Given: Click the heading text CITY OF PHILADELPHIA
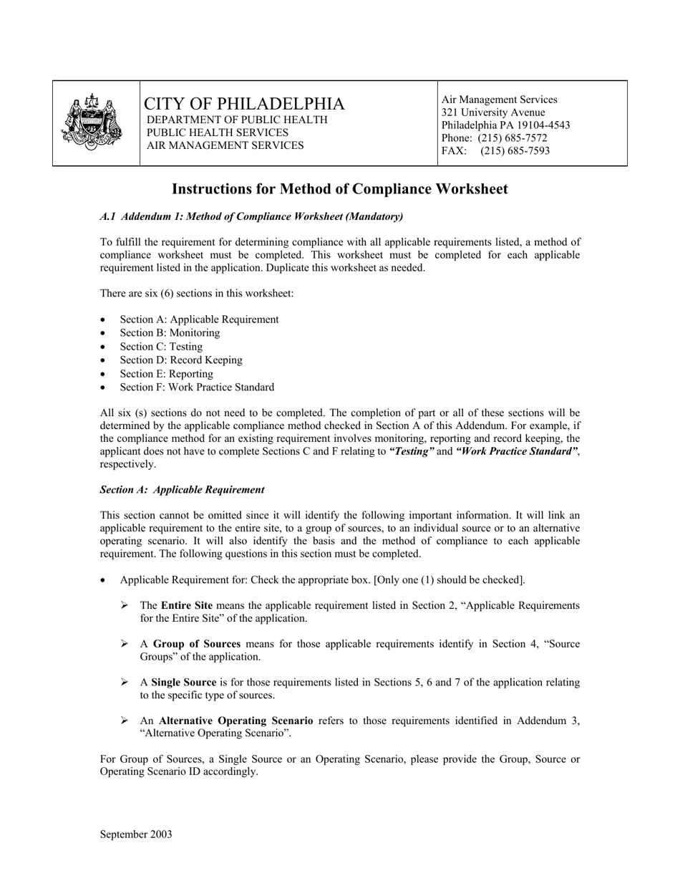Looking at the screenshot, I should [x=244, y=104].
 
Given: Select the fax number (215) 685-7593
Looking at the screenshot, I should [x=515, y=150].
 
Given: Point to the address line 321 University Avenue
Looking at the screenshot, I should [x=492, y=112].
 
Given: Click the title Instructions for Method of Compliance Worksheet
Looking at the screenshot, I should [x=340, y=189].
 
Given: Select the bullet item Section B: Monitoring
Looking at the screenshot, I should [x=170, y=333].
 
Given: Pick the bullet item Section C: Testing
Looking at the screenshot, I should [x=161, y=347].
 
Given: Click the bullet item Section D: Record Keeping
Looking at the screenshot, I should [x=181, y=360].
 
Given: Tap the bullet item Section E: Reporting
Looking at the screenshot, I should [x=166, y=374].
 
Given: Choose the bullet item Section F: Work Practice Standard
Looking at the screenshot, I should [x=197, y=387].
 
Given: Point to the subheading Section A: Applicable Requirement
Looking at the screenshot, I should [x=182, y=490].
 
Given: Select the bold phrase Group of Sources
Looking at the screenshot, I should [x=197, y=644].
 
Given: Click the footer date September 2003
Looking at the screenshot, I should [x=136, y=834].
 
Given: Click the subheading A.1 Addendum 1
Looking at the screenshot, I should [x=251, y=216].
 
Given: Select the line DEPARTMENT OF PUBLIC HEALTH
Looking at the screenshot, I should [x=237, y=120].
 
